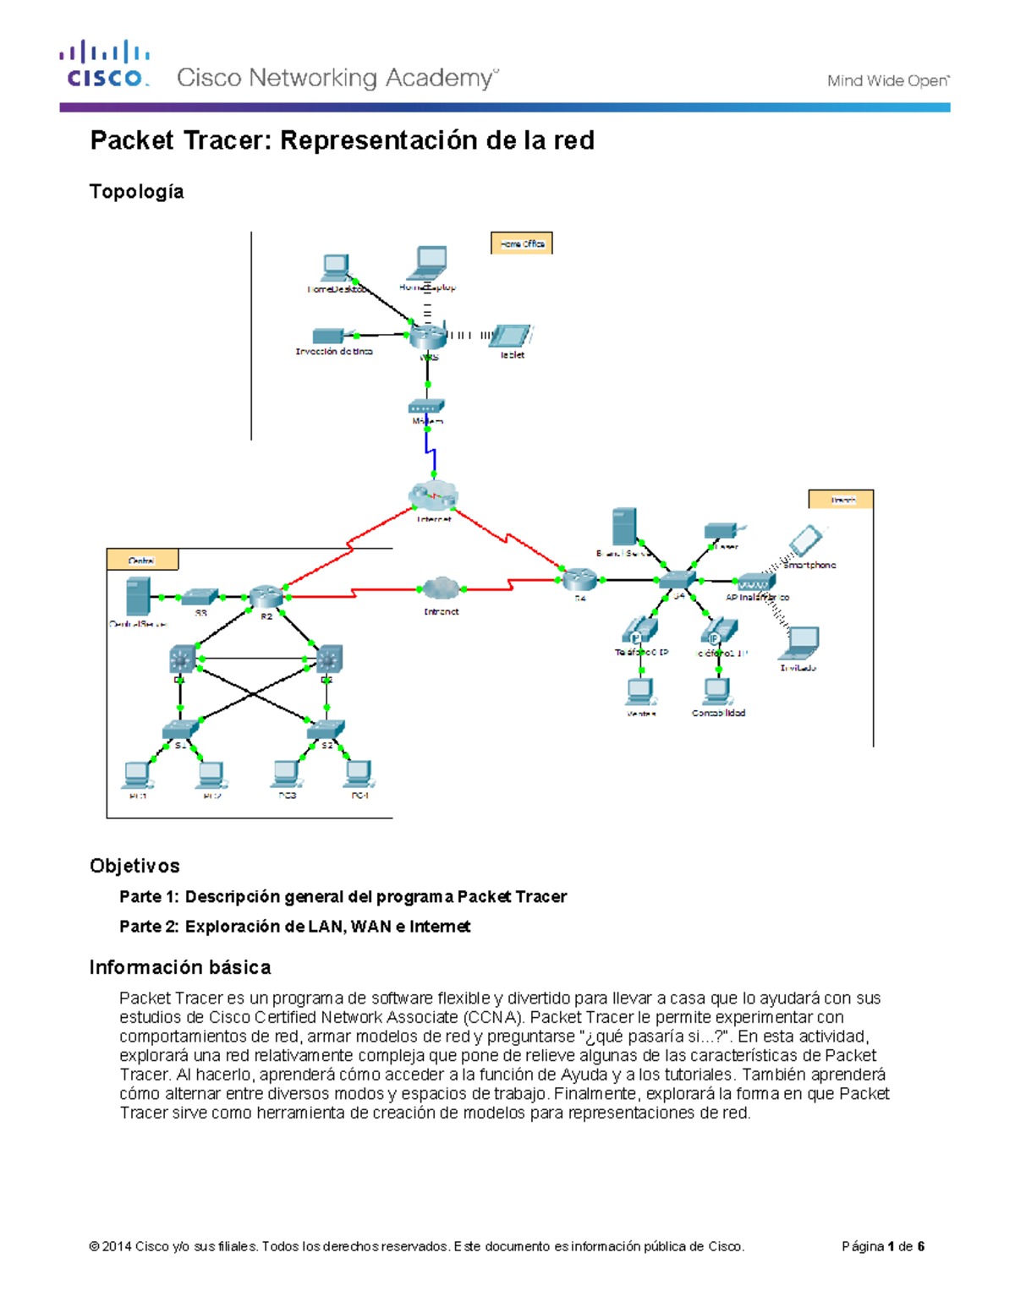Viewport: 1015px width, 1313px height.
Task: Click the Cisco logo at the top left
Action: (105, 64)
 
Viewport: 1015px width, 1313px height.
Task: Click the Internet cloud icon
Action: (433, 495)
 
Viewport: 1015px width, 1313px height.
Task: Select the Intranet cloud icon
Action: (440, 588)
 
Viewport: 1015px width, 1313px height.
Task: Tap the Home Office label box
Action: (522, 243)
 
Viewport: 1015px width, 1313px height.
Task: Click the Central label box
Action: (142, 560)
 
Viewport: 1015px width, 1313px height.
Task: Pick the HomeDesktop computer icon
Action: (335, 268)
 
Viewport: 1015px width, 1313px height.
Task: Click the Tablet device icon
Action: (510, 336)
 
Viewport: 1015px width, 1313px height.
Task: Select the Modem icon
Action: (426, 407)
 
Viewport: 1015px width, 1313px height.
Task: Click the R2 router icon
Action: (265, 597)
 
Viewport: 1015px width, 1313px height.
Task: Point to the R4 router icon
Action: (579, 580)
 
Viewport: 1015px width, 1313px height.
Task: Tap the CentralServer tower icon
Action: (137, 597)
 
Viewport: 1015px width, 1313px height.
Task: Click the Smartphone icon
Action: (805, 539)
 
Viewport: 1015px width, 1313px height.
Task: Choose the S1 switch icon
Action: (180, 729)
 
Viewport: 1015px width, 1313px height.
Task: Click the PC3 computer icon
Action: (286, 774)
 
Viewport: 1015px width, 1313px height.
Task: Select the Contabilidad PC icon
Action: (718, 692)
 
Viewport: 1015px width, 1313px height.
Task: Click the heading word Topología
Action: (136, 192)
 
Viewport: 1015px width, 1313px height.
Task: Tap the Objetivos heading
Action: (134, 866)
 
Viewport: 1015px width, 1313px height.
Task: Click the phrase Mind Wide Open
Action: (887, 81)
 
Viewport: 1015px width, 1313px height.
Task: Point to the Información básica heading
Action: (180, 967)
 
